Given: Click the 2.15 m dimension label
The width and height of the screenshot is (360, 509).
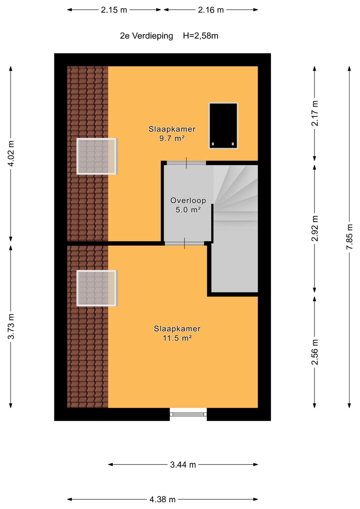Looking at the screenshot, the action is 114,10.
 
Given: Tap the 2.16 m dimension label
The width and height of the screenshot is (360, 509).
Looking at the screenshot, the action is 211,10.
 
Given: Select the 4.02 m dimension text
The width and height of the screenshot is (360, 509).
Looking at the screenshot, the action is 11,153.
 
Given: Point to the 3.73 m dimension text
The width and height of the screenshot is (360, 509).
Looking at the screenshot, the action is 11,326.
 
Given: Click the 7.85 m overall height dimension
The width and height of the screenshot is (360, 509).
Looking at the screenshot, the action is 349,237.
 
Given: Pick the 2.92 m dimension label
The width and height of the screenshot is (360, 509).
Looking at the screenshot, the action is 315,228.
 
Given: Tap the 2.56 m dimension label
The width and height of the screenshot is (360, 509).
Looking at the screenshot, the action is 315,352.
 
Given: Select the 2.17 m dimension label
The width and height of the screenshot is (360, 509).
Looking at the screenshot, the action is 315,113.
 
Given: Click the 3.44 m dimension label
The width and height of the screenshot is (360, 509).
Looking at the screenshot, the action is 183,465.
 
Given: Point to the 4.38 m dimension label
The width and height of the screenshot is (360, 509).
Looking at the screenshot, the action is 163,499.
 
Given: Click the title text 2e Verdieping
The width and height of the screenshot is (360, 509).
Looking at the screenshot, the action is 146,36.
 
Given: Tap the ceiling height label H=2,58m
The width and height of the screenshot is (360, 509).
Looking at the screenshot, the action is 200,36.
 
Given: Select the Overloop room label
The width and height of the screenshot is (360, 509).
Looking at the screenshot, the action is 188,200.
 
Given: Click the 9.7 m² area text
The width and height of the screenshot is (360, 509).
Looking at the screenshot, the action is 172,138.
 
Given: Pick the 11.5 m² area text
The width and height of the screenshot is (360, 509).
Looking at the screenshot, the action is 177,338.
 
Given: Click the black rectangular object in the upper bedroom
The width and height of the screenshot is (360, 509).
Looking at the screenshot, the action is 223,126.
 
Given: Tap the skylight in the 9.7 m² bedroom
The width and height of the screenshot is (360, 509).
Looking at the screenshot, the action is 97,156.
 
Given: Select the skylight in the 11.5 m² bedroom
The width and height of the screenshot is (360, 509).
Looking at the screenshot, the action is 97,288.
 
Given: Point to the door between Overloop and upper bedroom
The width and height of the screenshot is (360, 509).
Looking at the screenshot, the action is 186,163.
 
